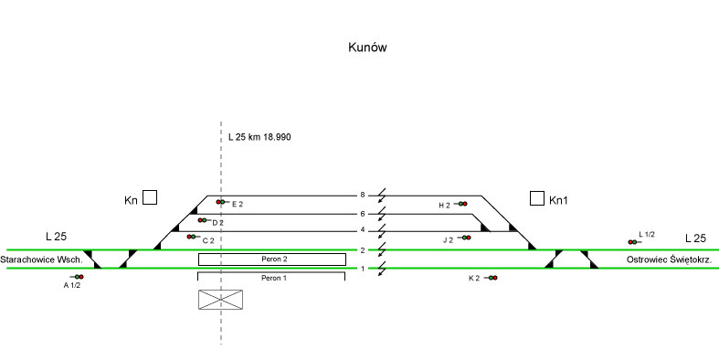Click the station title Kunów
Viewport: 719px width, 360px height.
tap(367, 48)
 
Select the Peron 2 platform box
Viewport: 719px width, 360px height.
tap(272, 259)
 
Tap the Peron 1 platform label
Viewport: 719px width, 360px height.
tap(274, 278)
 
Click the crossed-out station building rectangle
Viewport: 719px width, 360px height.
tap(220, 300)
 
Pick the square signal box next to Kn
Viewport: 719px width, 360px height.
tap(150, 197)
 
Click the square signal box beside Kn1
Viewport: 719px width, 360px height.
tap(537, 198)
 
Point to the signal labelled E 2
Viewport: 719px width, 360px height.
tap(220, 202)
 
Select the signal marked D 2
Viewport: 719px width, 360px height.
tap(202, 220)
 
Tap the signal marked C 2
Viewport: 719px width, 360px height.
tap(191, 237)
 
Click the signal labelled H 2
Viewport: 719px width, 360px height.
tap(462, 204)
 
